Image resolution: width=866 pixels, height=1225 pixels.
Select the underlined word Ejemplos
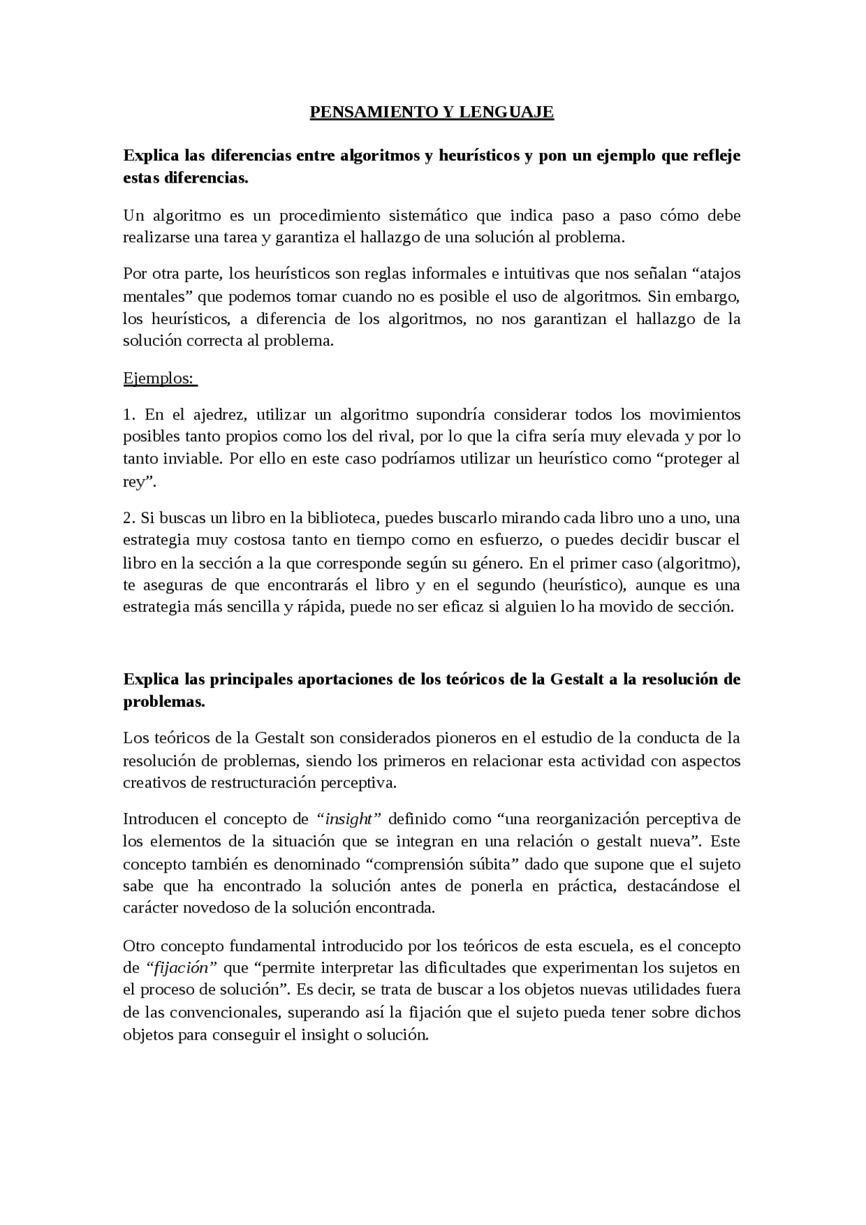158,378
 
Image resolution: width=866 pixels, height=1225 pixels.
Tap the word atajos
717,274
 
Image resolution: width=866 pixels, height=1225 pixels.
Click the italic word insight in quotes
349,819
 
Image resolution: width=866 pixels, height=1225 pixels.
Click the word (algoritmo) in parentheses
704,563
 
